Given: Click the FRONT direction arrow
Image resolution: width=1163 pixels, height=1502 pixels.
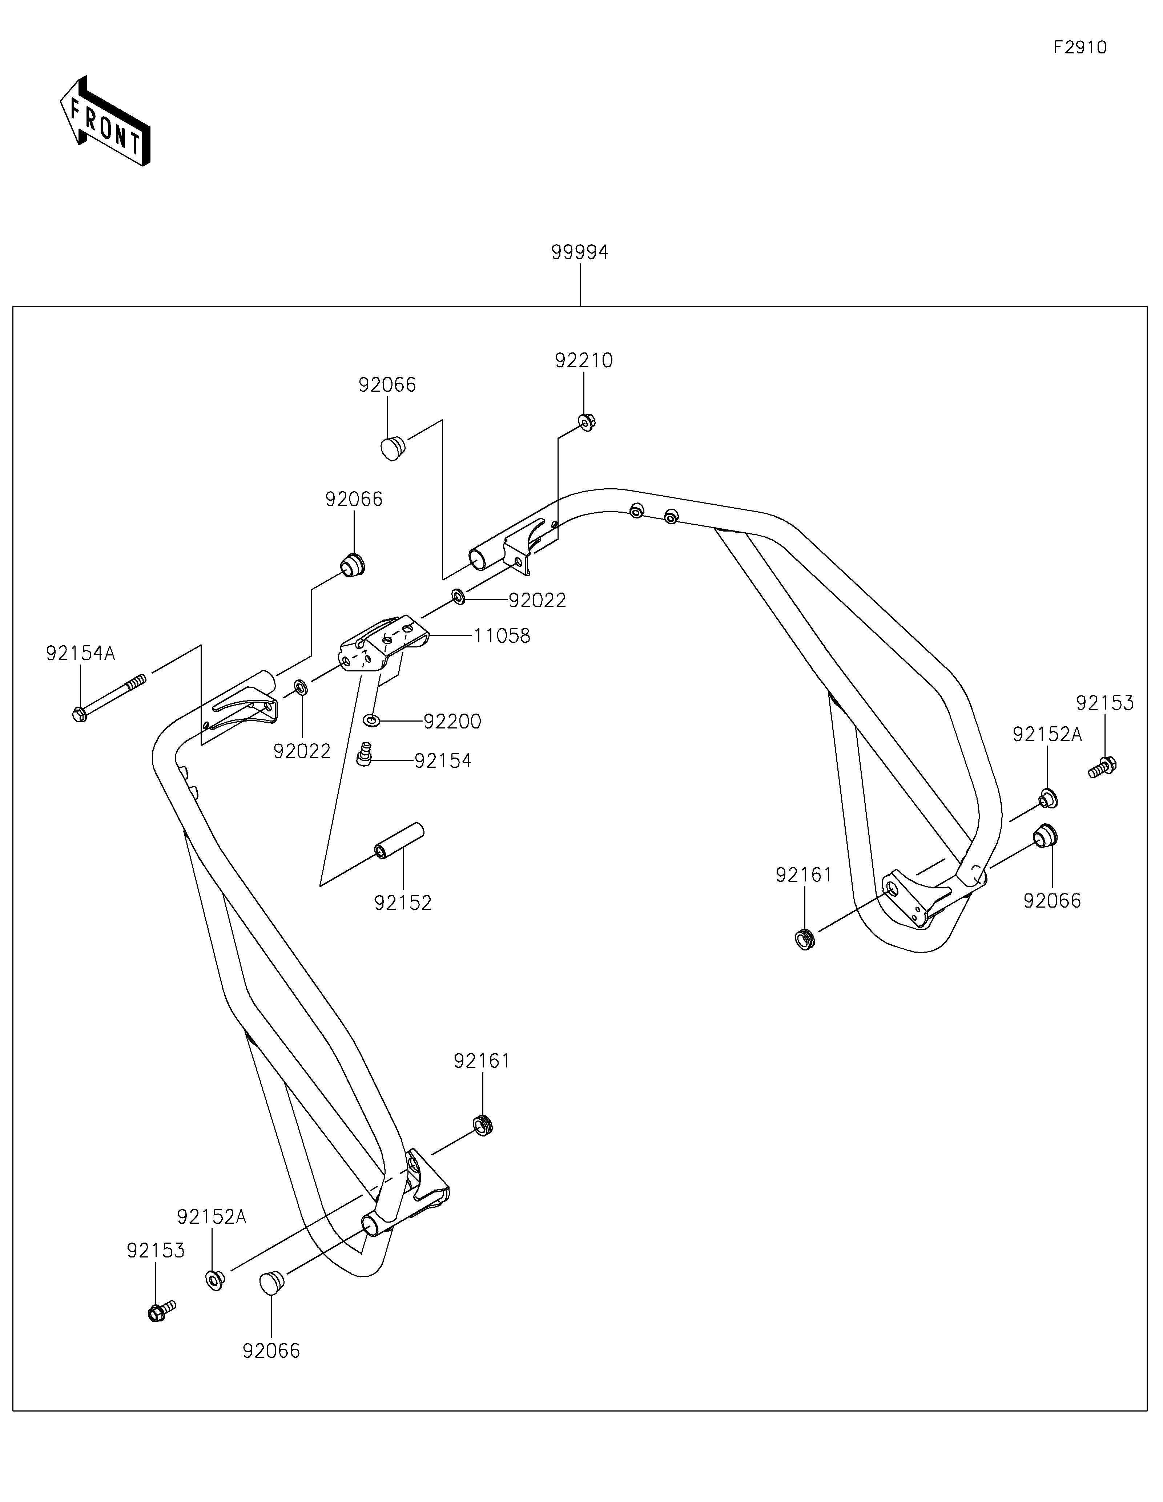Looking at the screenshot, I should (x=105, y=121).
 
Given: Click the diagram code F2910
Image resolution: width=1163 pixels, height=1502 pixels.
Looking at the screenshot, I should (x=1080, y=48).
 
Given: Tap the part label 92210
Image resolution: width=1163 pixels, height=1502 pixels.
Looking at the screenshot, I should (x=584, y=360).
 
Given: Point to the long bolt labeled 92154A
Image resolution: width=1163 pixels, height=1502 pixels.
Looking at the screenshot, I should (x=110, y=697).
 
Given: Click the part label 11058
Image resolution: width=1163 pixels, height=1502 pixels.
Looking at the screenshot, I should (x=502, y=636).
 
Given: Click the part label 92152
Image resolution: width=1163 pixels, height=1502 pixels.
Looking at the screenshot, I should (x=403, y=903).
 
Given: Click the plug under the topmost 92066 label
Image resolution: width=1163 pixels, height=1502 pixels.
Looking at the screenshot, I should (x=393, y=447).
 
